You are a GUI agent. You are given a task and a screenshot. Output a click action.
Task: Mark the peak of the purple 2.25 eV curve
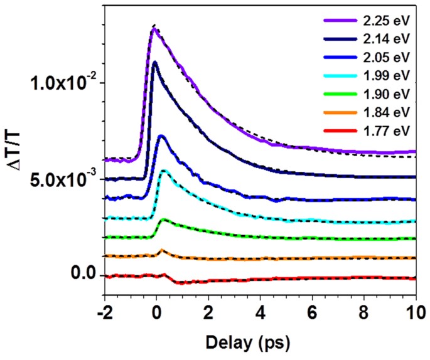coord(154,28)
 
